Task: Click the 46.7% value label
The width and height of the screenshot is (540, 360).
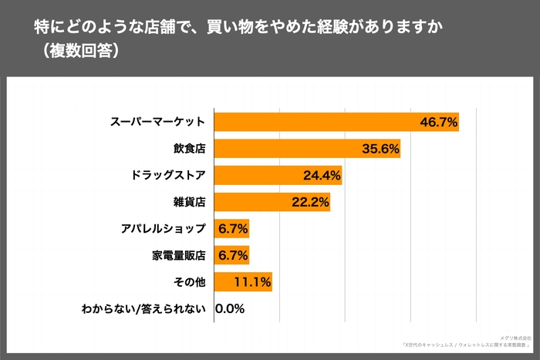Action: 439,122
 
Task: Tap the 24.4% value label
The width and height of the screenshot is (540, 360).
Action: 322,176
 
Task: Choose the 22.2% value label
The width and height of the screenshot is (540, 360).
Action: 311,203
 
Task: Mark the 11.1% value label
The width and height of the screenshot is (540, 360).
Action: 252,282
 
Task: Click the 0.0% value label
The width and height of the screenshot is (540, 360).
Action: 230,309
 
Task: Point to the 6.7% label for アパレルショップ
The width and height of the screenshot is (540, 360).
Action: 232,229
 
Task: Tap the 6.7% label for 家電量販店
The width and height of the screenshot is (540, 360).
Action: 232,255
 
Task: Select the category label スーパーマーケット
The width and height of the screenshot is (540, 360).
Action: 157,122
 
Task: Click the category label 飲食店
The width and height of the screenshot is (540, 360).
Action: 189,149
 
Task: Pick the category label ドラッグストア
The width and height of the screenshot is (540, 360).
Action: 168,176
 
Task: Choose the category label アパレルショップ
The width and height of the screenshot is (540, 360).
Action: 163,229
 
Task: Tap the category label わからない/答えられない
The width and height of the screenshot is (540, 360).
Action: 143,309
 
